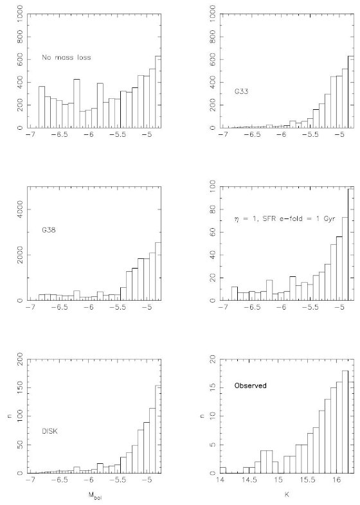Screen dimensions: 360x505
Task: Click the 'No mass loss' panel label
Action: point(66,58)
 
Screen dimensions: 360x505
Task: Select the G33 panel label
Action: point(242,91)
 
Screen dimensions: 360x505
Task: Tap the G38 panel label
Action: point(49,230)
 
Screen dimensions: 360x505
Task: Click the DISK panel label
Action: point(50,432)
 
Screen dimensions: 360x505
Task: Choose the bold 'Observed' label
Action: point(251,385)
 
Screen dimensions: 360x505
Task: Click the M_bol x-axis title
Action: point(94,495)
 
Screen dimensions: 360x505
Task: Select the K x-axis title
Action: point(287,494)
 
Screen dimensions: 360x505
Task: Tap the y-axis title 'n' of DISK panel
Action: point(10,416)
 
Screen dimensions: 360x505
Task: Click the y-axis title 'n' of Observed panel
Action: point(202,416)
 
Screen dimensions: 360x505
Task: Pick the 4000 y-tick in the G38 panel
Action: point(21,209)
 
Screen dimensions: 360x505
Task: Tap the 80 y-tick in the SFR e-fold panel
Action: point(213,209)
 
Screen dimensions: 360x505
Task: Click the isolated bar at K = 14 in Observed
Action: point(223,470)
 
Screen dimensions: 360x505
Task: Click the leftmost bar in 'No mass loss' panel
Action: point(42,107)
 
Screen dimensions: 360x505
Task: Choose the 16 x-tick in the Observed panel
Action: point(337,480)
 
